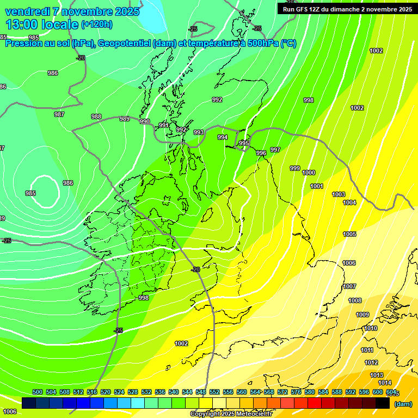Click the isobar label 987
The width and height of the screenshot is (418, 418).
tap(59, 114)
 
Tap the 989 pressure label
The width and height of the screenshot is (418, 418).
tap(125, 119)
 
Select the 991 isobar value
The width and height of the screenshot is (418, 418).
tap(164, 126)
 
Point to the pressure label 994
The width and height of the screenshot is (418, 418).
tap(223, 138)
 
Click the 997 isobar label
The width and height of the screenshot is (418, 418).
tap(275, 150)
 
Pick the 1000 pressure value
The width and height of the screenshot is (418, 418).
tap(309, 173)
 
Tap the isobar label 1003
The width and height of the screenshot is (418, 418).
tap(339, 194)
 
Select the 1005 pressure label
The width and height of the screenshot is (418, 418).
tap(349, 235)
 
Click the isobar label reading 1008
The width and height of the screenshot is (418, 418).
tap(355, 300)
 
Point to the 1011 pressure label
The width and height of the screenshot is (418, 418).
tap(367, 350)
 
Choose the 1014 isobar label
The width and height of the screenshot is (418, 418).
tap(377, 383)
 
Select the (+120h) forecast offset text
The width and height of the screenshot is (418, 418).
tap(96, 24)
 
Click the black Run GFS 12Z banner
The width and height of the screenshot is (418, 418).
tap(347, 9)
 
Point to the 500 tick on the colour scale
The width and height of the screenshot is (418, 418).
tap(38, 392)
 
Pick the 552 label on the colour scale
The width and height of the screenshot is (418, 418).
tap(214, 392)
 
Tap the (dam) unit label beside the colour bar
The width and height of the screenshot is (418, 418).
tap(403, 403)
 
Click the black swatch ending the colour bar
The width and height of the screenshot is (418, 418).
tap(383, 403)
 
